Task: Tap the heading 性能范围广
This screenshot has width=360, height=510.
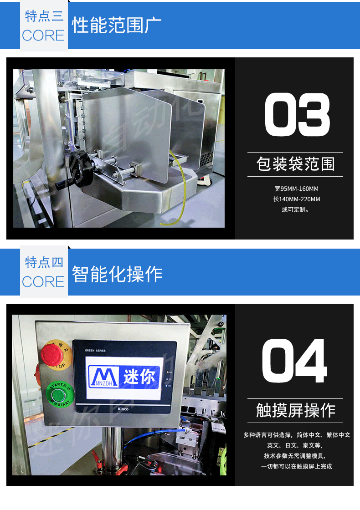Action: (x=117, y=25)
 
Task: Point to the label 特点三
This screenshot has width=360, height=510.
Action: (x=44, y=17)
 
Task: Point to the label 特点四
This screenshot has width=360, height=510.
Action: (x=44, y=263)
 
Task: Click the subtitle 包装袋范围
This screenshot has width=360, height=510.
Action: (x=295, y=164)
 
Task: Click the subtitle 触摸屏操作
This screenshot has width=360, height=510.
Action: (x=295, y=410)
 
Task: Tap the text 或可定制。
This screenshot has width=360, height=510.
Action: (x=296, y=210)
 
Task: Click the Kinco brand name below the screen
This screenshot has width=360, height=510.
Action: (x=123, y=409)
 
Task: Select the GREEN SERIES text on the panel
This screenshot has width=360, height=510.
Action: (x=95, y=351)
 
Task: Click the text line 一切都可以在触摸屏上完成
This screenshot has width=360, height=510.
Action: (x=296, y=466)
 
